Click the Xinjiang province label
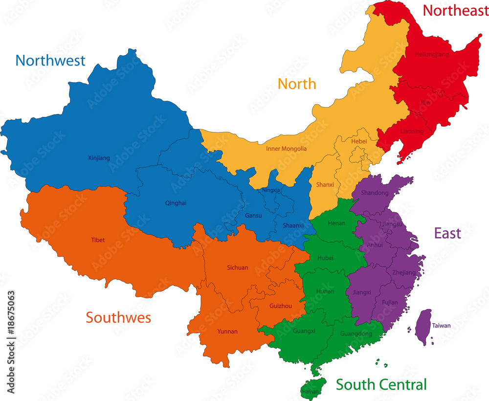pyautogui.click(x=99, y=158)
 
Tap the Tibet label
pyautogui.click(x=98, y=240)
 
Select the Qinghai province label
pyautogui.click(x=176, y=203)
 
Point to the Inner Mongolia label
pyautogui.click(x=287, y=149)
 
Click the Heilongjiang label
pyautogui.click(x=431, y=54)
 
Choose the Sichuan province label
pyautogui.click(x=238, y=267)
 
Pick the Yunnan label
pyautogui.click(x=227, y=332)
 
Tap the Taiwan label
pyautogui.click(x=442, y=326)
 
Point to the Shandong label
pyautogui.click(x=375, y=193)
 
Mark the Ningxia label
pyautogui.click(x=271, y=190)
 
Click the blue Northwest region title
pyautogui.click(x=50, y=60)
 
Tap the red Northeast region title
pyautogui.click(x=455, y=10)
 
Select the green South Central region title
pyautogui.click(x=381, y=384)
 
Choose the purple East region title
pyautogui.click(x=447, y=233)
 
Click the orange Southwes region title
pyautogui.click(x=118, y=317)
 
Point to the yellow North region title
pyautogui.click(x=297, y=84)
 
